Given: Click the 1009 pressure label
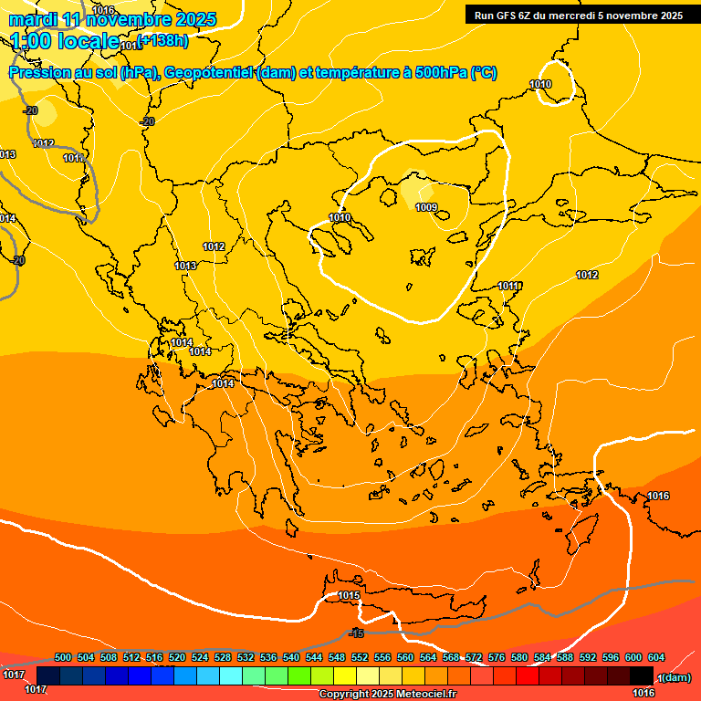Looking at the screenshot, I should (x=426, y=207).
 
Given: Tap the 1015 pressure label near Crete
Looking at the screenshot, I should (x=349, y=596).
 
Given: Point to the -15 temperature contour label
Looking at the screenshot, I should (x=356, y=633).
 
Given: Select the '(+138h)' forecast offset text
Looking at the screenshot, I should (x=162, y=39).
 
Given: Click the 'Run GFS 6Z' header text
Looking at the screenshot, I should (x=504, y=15).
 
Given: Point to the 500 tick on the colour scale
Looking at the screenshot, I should (x=63, y=657).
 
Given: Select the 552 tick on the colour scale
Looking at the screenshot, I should (x=360, y=657).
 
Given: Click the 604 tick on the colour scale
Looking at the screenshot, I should (x=655, y=657).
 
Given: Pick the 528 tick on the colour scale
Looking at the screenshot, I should (x=223, y=657).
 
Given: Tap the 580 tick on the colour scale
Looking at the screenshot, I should (x=519, y=657).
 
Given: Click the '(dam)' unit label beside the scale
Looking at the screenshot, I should (x=676, y=677).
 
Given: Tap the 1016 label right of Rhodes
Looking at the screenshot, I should (x=658, y=496).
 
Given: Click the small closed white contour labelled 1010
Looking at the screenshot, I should (x=555, y=83).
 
